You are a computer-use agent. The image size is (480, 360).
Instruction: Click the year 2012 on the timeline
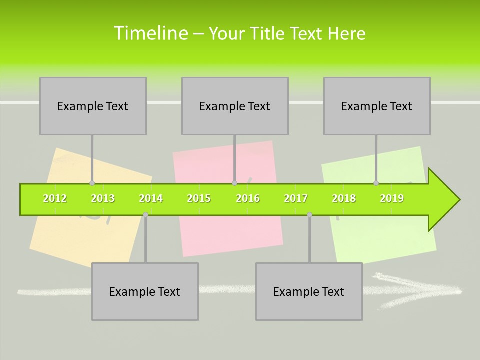pyautogui.click(x=55, y=198)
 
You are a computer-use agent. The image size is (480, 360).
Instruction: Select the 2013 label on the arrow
pyautogui.click(x=103, y=198)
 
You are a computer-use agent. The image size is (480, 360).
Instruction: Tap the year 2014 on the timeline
pyautogui.click(x=151, y=198)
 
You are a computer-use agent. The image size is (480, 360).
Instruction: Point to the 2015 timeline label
pyautogui.click(x=199, y=198)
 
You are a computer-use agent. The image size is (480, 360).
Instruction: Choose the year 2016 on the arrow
pyautogui.click(x=248, y=198)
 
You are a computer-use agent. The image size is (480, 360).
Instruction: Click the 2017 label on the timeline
pyautogui.click(x=296, y=198)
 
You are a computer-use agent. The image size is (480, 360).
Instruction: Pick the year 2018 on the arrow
pyautogui.click(x=344, y=198)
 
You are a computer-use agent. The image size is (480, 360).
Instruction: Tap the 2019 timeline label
pyautogui.click(x=392, y=198)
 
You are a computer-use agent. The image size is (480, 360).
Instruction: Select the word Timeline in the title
pyautogui.click(x=150, y=33)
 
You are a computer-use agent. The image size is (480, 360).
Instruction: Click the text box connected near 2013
pyautogui.click(x=93, y=106)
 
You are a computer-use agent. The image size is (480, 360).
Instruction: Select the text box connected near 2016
pyautogui.click(x=235, y=106)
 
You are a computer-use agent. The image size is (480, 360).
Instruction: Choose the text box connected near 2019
pyautogui.click(x=377, y=106)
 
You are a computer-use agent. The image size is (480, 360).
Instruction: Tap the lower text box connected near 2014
pyautogui.click(x=145, y=291)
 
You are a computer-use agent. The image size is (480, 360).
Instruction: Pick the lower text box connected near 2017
pyautogui.click(x=309, y=291)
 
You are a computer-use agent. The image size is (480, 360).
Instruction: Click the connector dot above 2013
pyautogui.click(x=92, y=183)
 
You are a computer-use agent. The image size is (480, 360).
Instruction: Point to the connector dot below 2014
pyautogui.click(x=145, y=214)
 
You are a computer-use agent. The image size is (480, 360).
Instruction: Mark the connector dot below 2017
pyautogui.click(x=309, y=214)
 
